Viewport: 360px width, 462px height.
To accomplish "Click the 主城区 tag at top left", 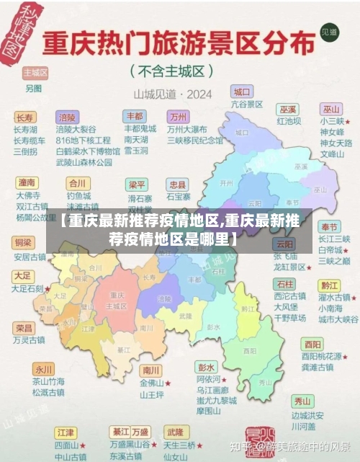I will click(35, 74).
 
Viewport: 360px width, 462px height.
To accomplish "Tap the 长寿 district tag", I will click(24, 117).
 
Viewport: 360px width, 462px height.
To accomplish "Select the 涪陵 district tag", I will click(68, 117).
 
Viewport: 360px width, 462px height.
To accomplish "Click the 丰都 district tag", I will click(135, 116).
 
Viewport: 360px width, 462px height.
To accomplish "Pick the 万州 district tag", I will click(177, 117).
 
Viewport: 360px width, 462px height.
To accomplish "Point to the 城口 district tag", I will click(242, 92).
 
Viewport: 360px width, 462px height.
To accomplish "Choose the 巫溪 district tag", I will click(288, 109).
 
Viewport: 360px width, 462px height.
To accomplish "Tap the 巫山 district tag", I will click(331, 109).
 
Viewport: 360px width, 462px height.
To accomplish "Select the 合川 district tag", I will click(76, 182).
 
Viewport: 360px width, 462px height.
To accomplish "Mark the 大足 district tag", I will click(22, 276).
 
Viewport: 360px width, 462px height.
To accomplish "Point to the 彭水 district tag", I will click(207, 367).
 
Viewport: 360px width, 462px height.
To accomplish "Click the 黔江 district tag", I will click(329, 284).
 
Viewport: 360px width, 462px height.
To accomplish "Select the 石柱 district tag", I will click(284, 284).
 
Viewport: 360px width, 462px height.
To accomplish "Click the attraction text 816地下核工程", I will click(83, 141).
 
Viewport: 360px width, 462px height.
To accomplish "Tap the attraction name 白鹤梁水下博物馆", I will click(88, 151).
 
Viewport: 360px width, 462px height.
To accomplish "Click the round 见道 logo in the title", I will click(330, 32).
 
